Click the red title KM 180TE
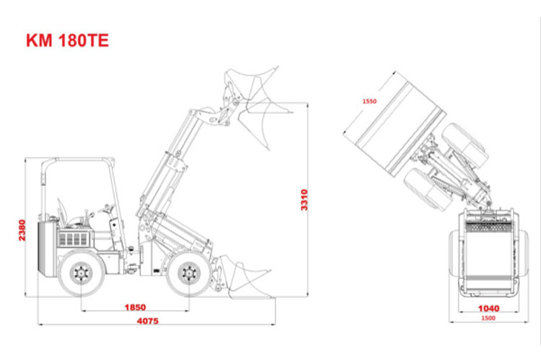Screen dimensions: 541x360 click(68, 40)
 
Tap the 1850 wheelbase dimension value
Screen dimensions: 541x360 click(135, 307)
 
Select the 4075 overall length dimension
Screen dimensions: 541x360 click(148, 320)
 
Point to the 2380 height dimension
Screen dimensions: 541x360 click(22, 230)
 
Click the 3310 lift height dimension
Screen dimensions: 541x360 click(304, 200)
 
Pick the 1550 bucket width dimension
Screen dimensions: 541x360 click(369, 101)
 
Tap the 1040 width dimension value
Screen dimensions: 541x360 click(488, 308)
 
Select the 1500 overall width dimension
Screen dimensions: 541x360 click(488, 318)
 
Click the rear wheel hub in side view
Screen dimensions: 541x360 click(81, 273)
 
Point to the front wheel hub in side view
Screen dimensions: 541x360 click(189, 273)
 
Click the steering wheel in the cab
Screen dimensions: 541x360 click(106, 208)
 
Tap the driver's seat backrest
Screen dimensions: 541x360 click(62, 211)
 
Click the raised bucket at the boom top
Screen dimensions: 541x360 click(256, 104)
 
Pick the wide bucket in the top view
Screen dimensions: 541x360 click(393, 124)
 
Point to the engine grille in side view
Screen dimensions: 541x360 click(73, 239)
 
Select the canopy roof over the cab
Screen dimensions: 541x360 click(79, 160)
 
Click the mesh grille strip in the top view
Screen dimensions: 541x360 click(489, 227)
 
